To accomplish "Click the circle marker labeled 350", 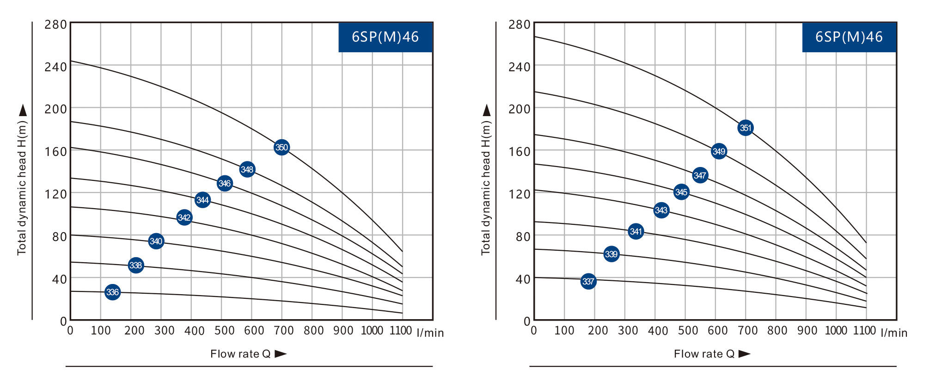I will [281, 148].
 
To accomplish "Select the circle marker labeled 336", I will [112, 292].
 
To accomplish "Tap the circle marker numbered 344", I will [202, 200].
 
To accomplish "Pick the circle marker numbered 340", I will [156, 241].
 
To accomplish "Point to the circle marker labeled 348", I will [247, 169].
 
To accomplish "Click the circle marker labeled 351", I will [746, 128].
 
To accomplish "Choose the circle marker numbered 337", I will [588, 281].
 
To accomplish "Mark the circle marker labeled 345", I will [681, 192].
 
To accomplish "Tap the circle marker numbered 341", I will [636, 231].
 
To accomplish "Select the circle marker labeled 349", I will [719, 151].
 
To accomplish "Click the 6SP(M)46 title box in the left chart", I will [385, 37].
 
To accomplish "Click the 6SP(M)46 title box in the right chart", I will [849, 37].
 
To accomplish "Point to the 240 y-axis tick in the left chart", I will [56, 67].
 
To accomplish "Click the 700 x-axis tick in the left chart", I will [284, 331].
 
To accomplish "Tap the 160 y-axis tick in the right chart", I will [520, 152].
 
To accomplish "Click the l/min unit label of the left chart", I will [430, 333].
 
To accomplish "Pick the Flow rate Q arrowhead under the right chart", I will [744, 354].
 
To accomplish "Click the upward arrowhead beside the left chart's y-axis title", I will [23, 110].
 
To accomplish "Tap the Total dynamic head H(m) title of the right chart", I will [485, 187].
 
